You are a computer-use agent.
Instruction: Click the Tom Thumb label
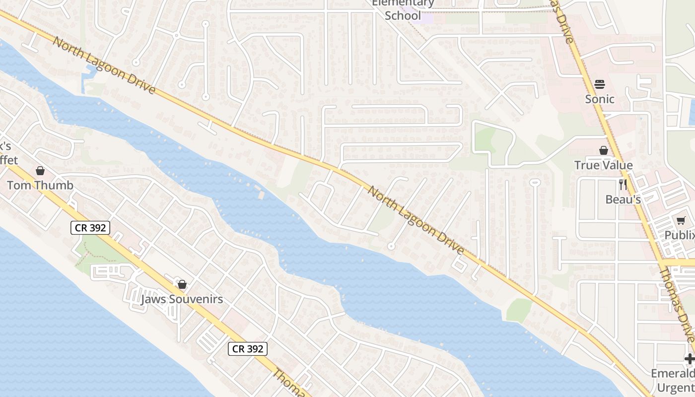click(x=40, y=185)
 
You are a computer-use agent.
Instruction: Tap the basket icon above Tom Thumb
click(x=40, y=171)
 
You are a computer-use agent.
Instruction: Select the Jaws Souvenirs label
click(x=182, y=299)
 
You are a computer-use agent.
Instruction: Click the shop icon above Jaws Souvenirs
click(x=182, y=284)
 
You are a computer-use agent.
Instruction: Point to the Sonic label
click(x=600, y=99)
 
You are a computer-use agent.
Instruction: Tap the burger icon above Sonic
click(x=600, y=84)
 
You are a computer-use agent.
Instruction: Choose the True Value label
click(x=604, y=165)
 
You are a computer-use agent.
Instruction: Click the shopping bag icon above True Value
click(x=604, y=150)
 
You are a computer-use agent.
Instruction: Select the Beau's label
click(x=623, y=199)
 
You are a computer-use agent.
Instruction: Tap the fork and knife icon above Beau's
click(x=623, y=185)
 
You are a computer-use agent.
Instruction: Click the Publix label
click(x=680, y=235)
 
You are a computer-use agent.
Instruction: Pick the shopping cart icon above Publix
click(x=681, y=220)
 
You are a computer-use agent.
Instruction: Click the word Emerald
click(x=673, y=373)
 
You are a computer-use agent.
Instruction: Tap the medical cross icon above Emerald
click(x=690, y=359)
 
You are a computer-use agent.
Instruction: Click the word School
click(x=403, y=15)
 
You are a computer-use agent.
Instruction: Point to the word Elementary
click(x=403, y=3)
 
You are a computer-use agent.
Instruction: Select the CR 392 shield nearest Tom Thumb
click(x=90, y=228)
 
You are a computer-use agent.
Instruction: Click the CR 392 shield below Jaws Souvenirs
click(x=248, y=349)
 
